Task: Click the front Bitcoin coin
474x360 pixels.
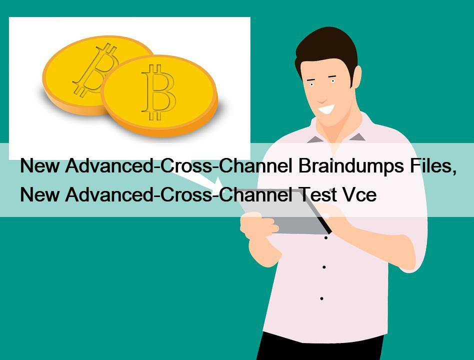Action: point(160,95)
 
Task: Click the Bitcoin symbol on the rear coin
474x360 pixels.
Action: point(95,69)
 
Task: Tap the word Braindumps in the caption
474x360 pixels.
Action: point(352,166)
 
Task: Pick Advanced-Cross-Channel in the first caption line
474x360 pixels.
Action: point(179,165)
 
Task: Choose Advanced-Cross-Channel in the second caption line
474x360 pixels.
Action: point(179,194)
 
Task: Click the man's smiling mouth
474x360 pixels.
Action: point(327,109)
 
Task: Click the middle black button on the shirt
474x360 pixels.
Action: point(324,267)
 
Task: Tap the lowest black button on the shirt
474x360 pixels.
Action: point(321,298)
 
